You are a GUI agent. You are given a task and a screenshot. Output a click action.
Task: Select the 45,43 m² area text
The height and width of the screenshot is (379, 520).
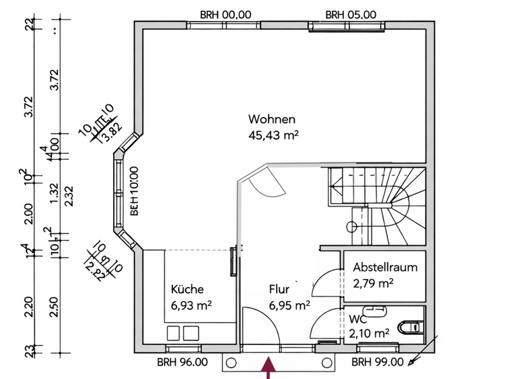274,135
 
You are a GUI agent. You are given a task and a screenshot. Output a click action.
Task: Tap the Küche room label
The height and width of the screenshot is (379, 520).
187,289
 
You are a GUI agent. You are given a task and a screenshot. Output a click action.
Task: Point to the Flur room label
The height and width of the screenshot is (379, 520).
280,289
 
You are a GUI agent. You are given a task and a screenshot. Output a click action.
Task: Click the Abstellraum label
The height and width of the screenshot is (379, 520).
385,267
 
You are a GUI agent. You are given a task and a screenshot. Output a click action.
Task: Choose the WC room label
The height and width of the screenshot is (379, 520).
357,318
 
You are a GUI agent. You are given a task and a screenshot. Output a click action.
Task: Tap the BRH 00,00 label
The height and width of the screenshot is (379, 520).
225,14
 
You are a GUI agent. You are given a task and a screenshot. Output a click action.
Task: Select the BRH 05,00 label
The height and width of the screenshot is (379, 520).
351,14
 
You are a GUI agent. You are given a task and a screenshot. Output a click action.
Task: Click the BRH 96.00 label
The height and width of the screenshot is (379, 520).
179,361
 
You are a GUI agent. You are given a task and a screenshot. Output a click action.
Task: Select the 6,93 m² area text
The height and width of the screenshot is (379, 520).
192,305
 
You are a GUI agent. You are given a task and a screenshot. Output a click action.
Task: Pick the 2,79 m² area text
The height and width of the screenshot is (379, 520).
374,282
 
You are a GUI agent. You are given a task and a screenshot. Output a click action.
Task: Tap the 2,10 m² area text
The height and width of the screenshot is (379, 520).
369,333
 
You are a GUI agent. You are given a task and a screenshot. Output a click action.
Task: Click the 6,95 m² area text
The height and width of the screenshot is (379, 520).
289,305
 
